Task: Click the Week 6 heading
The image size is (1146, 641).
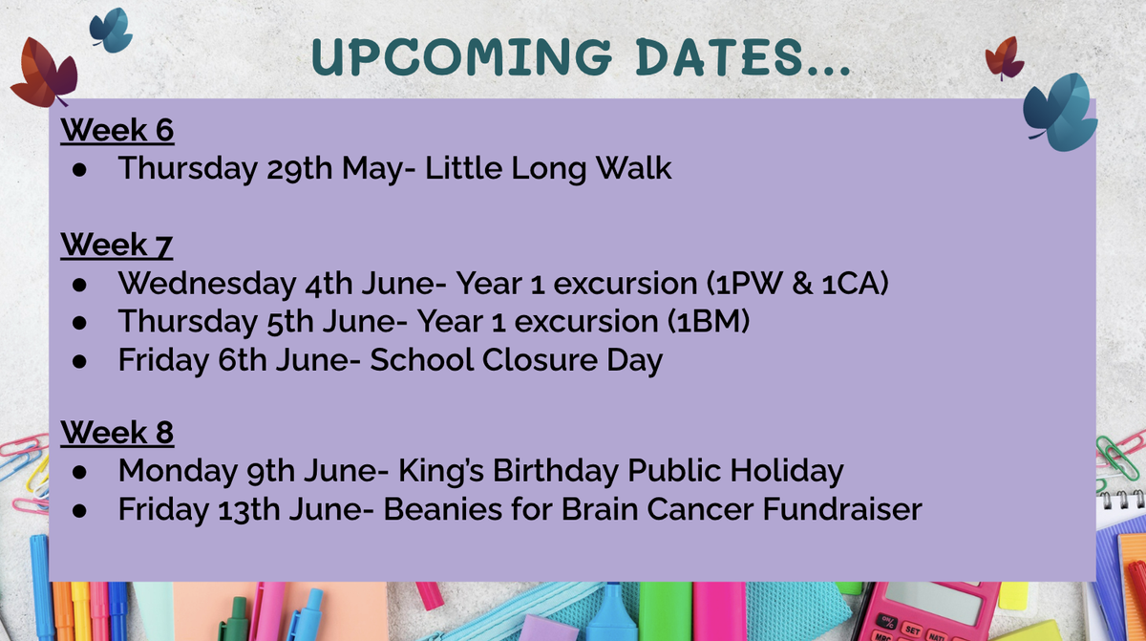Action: point(117,130)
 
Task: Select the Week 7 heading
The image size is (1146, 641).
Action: point(117,245)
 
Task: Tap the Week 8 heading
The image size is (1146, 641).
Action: point(117,433)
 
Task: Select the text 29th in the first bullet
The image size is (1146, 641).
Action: point(299,168)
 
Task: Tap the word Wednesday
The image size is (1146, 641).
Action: point(207,283)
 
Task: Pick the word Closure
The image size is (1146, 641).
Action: point(540,359)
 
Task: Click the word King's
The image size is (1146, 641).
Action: point(441,471)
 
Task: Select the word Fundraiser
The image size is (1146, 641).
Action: point(842,509)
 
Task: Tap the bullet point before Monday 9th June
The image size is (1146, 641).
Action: point(79,472)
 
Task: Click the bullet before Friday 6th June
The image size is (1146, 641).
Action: point(79,361)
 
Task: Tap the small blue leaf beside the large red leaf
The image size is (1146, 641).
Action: point(112,30)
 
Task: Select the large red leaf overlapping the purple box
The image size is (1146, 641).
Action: point(45,73)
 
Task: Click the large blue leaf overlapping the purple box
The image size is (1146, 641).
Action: point(1062,113)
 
